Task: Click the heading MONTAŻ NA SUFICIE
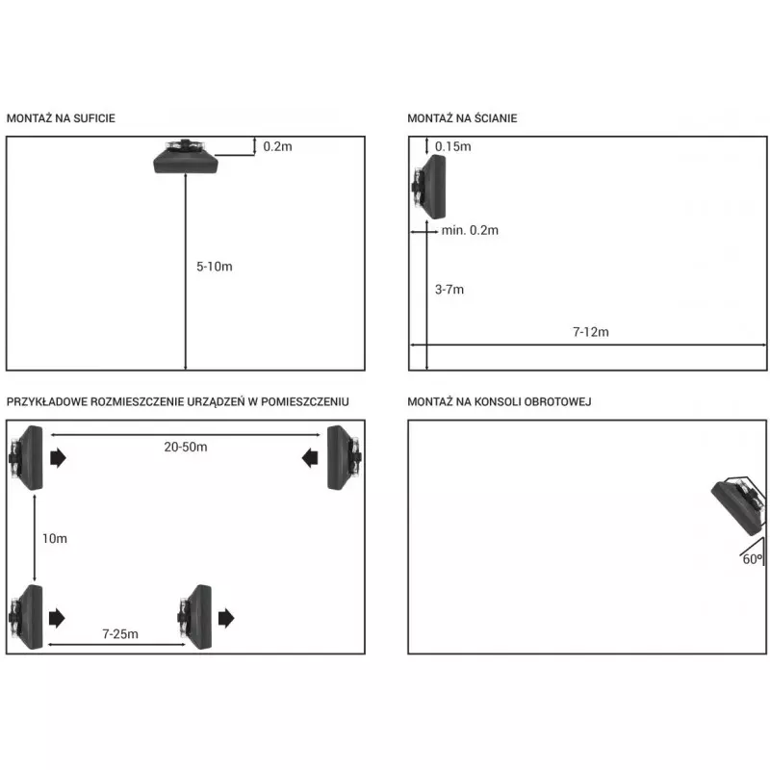(62, 118)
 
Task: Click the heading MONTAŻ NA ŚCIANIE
(462, 118)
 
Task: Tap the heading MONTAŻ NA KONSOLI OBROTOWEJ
(499, 401)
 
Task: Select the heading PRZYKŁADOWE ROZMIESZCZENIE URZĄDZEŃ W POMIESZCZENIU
(177, 401)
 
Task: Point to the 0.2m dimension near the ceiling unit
(277, 146)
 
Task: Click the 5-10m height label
(214, 266)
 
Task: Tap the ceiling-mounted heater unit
(190, 156)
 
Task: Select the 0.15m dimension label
(452, 146)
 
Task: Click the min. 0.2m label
(470, 230)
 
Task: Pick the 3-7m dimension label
(449, 289)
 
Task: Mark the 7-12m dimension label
(590, 332)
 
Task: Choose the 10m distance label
(55, 539)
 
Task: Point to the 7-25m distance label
(120, 633)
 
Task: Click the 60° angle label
(752, 557)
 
